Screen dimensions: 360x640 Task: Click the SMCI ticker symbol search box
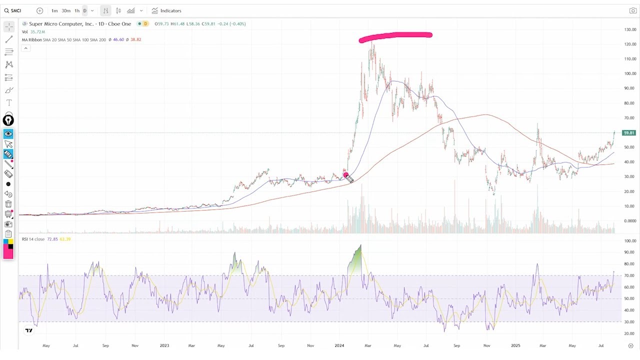(x=17, y=10)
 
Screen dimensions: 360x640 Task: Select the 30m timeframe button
(x=66, y=10)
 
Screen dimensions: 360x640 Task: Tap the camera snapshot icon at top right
(x=632, y=10)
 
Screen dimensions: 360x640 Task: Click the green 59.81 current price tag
(x=629, y=133)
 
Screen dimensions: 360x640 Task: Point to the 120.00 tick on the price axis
(x=630, y=44)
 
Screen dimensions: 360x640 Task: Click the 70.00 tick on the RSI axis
(x=630, y=275)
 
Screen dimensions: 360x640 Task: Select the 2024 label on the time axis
(x=339, y=345)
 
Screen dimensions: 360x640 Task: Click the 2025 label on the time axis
(x=515, y=345)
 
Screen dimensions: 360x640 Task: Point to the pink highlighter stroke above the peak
(x=395, y=35)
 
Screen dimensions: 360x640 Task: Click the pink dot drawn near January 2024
(x=345, y=175)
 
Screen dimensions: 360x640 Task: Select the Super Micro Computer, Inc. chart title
(x=80, y=23)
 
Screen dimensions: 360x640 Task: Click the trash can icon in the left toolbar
(x=8, y=204)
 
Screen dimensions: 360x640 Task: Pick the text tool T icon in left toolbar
(x=8, y=102)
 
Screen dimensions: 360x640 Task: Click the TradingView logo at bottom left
(x=29, y=330)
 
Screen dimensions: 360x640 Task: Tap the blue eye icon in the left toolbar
(x=8, y=134)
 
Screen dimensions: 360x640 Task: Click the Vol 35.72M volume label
(x=33, y=32)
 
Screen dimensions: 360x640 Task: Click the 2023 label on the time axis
(x=164, y=345)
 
